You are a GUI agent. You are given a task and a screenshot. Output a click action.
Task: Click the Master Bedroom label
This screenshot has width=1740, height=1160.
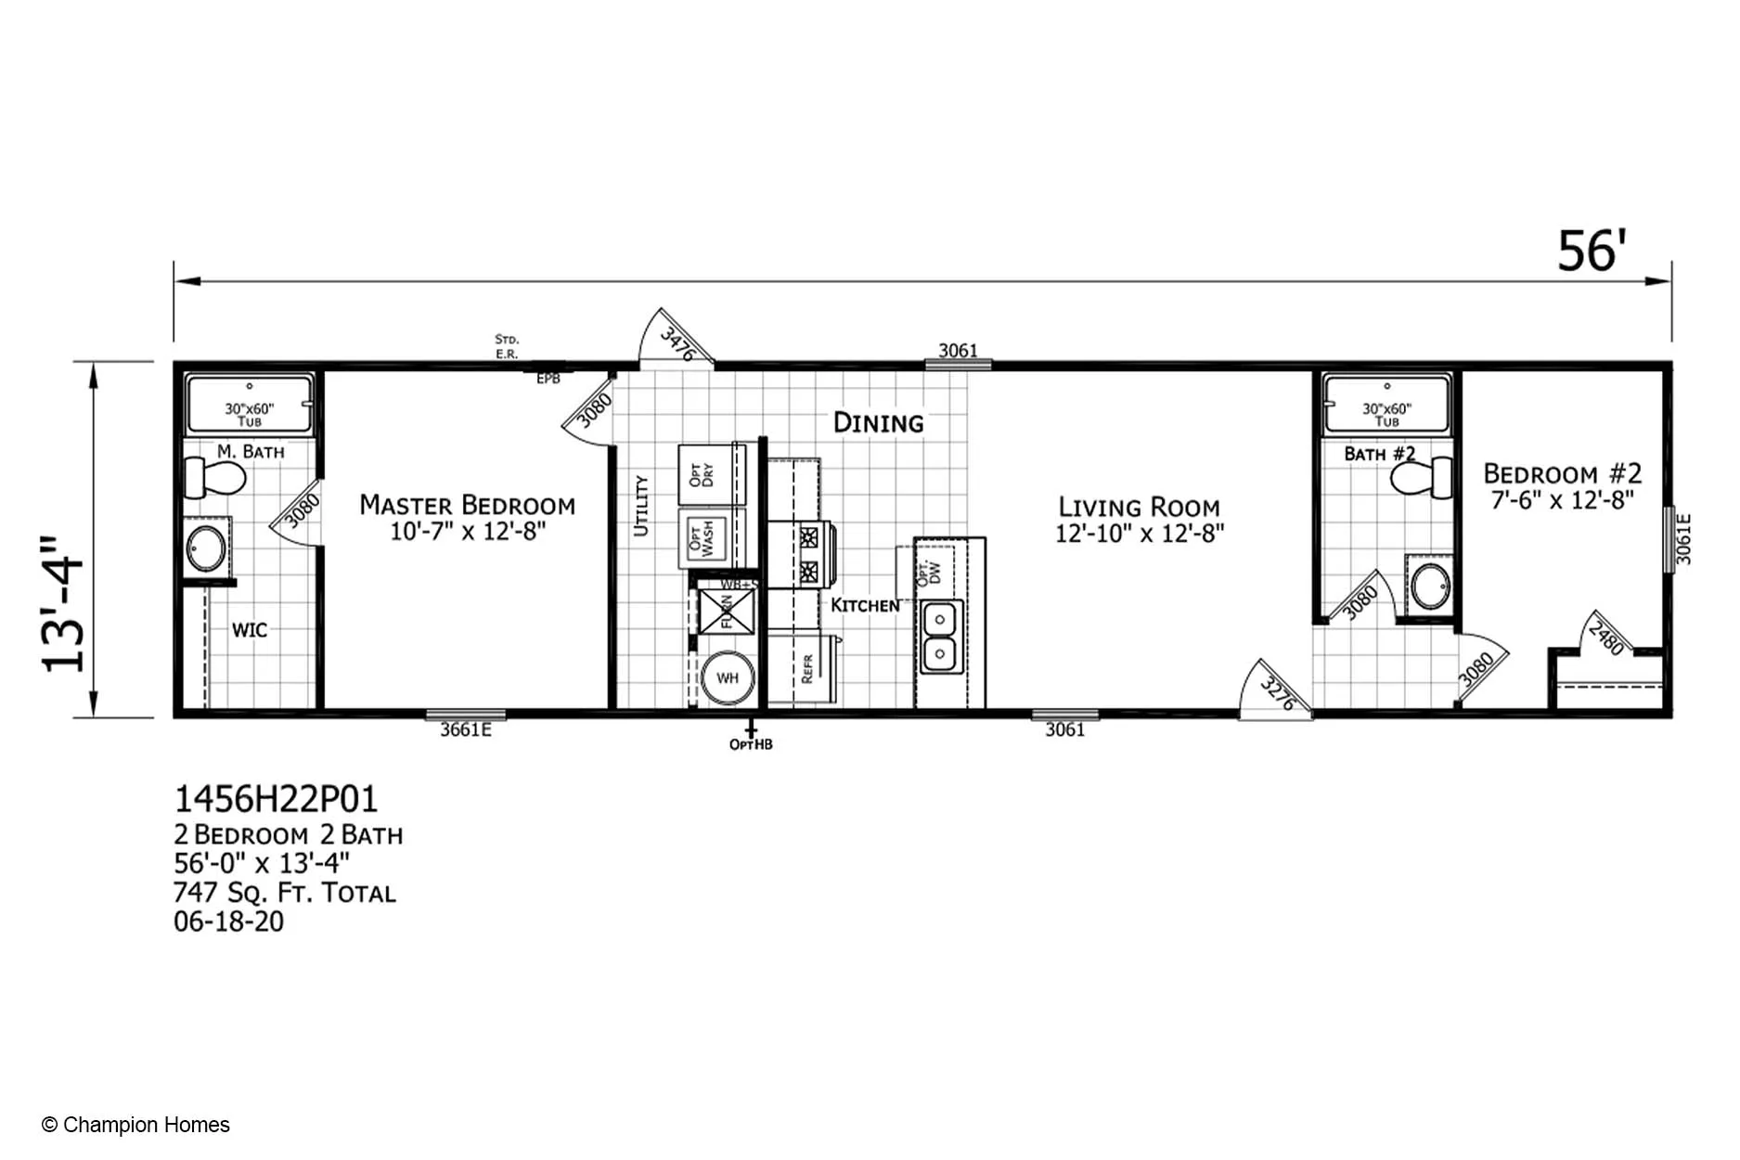click(467, 506)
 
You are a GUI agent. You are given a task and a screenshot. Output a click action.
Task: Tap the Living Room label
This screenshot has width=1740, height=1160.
click(1139, 508)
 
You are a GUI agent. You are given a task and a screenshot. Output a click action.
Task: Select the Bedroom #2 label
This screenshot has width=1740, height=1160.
click(1562, 474)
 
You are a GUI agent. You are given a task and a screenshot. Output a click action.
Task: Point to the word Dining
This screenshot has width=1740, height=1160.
click(878, 423)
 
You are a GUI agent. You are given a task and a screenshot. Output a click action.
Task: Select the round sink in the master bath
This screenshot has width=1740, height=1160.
click(206, 548)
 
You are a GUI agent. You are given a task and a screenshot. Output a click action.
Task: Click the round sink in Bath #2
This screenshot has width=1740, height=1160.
click(1430, 586)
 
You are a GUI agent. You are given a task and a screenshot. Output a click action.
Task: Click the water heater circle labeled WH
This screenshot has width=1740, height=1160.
click(727, 678)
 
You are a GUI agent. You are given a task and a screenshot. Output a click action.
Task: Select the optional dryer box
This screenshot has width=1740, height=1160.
click(702, 475)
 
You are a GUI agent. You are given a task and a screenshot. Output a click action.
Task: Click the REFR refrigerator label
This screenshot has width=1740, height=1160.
click(806, 668)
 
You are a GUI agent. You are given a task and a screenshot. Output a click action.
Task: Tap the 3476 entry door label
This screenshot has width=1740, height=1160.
click(677, 344)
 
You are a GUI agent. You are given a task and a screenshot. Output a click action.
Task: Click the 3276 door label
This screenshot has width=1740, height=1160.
click(1277, 694)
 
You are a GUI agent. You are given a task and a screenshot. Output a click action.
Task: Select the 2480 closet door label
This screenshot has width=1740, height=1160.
click(1605, 638)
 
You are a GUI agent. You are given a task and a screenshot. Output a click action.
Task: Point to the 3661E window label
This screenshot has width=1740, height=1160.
click(466, 730)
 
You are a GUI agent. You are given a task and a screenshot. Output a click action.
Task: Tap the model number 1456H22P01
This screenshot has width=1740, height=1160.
click(276, 799)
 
